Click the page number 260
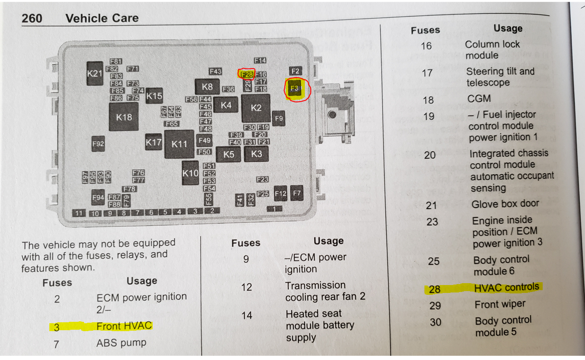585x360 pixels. [32, 18]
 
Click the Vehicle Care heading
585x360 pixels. [102, 18]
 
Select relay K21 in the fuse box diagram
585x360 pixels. [94, 73]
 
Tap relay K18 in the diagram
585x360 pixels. [124, 117]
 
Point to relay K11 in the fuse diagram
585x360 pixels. [179, 144]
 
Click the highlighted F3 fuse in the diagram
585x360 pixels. [295, 88]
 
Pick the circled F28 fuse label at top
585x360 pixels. [246, 74]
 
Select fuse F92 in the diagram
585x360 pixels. [98, 144]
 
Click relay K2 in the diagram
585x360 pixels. [256, 108]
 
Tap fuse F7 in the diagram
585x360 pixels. [296, 192]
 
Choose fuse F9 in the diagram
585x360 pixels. [278, 119]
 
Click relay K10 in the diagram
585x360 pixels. [190, 173]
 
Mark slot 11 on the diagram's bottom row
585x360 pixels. [80, 213]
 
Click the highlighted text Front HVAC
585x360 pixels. [124, 326]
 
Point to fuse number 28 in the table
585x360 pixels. [434, 289]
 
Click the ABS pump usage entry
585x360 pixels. [121, 343]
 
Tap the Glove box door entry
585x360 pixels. [505, 204]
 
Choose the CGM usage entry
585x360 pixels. [479, 99]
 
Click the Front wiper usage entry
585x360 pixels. [500, 304]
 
